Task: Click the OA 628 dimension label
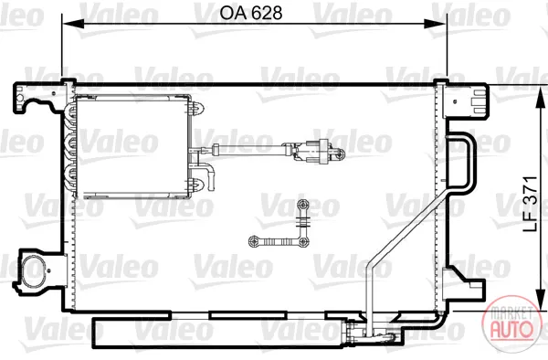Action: [250, 13]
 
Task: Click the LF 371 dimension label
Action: [530, 204]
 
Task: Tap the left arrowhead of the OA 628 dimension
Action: [73, 24]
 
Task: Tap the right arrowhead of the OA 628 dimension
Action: [435, 24]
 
